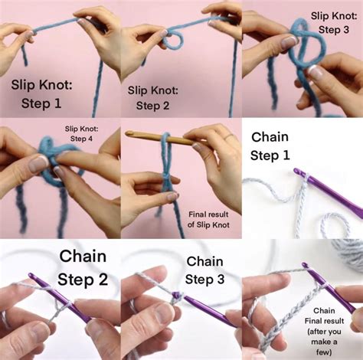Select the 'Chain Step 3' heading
coord(204,270)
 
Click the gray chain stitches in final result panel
coord(285,322)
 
